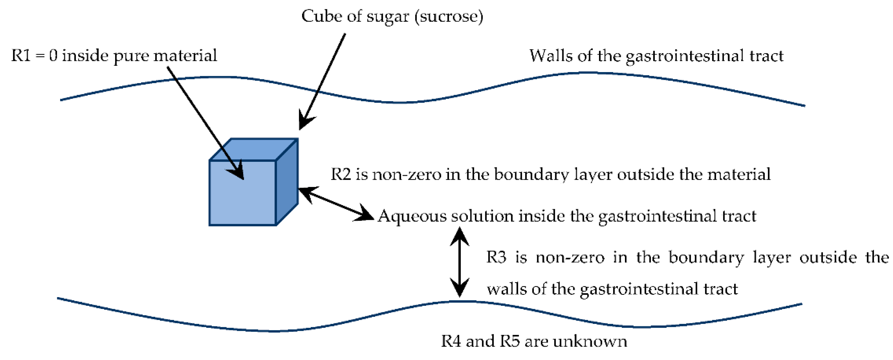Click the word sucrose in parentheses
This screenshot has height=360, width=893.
449,16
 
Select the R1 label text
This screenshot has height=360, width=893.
21,55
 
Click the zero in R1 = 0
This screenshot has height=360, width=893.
53,55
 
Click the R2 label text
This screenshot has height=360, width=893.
341,174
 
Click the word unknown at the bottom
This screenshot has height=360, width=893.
590,341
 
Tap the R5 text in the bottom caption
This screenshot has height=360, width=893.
510,341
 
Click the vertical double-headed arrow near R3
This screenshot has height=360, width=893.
459,262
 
